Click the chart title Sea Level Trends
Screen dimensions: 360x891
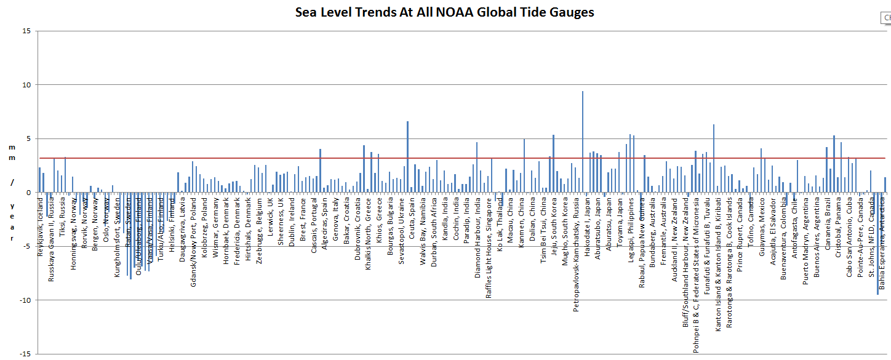444,12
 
